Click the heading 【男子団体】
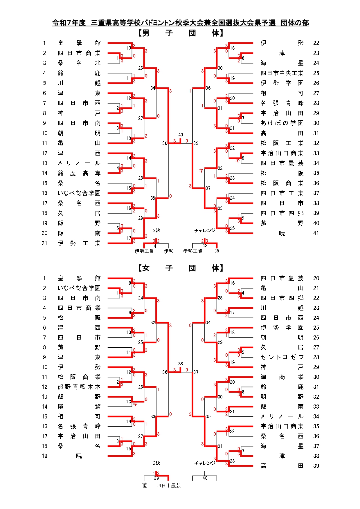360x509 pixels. click(x=180, y=33)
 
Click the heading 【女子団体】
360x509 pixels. click(x=180, y=268)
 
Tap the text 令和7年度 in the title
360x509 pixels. click(x=69, y=23)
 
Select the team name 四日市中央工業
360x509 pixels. click(x=282, y=73)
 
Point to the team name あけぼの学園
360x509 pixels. click(x=282, y=123)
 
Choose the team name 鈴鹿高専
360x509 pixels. click(x=79, y=173)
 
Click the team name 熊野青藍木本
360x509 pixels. click(x=79, y=387)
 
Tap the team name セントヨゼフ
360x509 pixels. click(x=282, y=357)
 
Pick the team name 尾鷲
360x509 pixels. click(x=79, y=407)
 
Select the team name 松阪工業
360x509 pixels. click(x=282, y=143)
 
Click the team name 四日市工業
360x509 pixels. click(x=282, y=193)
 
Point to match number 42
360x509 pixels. click(x=205, y=246)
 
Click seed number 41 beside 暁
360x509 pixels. click(x=316, y=233)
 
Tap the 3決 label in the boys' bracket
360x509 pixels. click(x=156, y=231)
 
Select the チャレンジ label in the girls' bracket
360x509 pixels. click(x=205, y=463)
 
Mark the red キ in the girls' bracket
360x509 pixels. click(x=135, y=404)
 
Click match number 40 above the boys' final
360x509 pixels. click(x=181, y=135)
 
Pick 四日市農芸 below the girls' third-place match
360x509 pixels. click(x=168, y=485)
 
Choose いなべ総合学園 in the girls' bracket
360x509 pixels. click(x=79, y=288)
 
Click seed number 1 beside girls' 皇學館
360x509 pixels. click(x=44, y=278)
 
